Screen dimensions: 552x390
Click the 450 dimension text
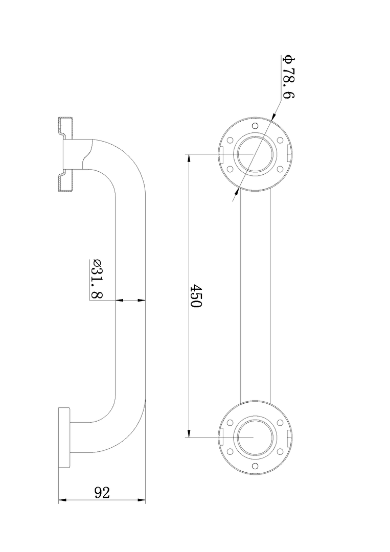[196, 296]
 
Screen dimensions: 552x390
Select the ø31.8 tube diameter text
[97, 279]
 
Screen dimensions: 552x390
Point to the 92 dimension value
[102, 493]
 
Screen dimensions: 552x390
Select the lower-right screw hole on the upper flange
[280, 168]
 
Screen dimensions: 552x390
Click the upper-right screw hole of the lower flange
[280, 423]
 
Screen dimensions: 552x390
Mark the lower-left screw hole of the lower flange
[230, 452]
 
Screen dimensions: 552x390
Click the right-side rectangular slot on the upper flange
[289, 152]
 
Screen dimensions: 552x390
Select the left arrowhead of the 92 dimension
[62, 500]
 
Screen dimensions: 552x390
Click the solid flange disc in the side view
[64, 438]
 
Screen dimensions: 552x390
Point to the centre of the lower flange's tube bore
[255, 438]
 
